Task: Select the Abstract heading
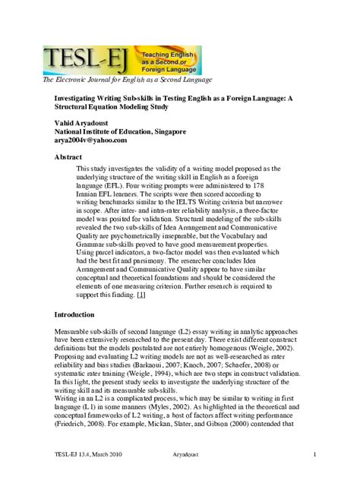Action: point(68,157)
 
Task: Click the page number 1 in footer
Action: point(314,454)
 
